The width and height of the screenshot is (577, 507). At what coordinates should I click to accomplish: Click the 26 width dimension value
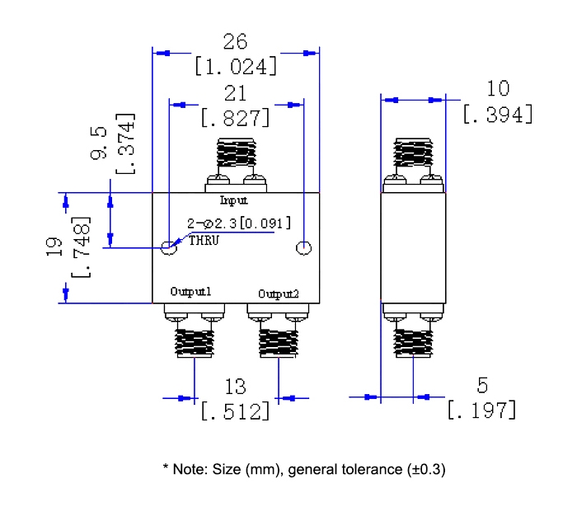point(235,42)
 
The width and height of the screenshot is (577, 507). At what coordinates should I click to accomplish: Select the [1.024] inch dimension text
point(236,66)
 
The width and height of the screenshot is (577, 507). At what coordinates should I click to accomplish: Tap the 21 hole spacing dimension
point(235,94)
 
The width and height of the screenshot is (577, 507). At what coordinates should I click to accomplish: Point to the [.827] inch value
point(235,118)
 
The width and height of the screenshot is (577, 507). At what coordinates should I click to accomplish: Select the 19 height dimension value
point(54,248)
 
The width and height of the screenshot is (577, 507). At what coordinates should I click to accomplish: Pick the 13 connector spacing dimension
point(236,387)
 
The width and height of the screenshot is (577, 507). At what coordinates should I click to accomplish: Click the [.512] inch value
point(236,411)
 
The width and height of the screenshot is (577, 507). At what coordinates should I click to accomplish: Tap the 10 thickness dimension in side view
point(498,88)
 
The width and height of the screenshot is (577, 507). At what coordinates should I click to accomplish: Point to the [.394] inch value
point(498,114)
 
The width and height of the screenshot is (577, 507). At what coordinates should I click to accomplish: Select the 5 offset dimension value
point(482,384)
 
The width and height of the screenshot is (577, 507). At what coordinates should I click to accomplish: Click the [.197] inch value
point(482,409)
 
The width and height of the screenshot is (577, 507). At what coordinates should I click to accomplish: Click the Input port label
point(233,200)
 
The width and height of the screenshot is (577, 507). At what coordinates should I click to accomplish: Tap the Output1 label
point(191,292)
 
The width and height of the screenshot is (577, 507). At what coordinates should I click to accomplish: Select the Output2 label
point(279,293)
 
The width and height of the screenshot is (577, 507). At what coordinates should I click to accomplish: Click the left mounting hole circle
point(169,247)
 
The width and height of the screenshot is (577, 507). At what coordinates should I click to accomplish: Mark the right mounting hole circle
point(303,247)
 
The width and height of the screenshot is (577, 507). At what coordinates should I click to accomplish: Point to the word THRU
point(202,240)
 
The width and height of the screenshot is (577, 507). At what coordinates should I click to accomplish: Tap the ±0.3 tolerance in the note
point(426,470)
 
